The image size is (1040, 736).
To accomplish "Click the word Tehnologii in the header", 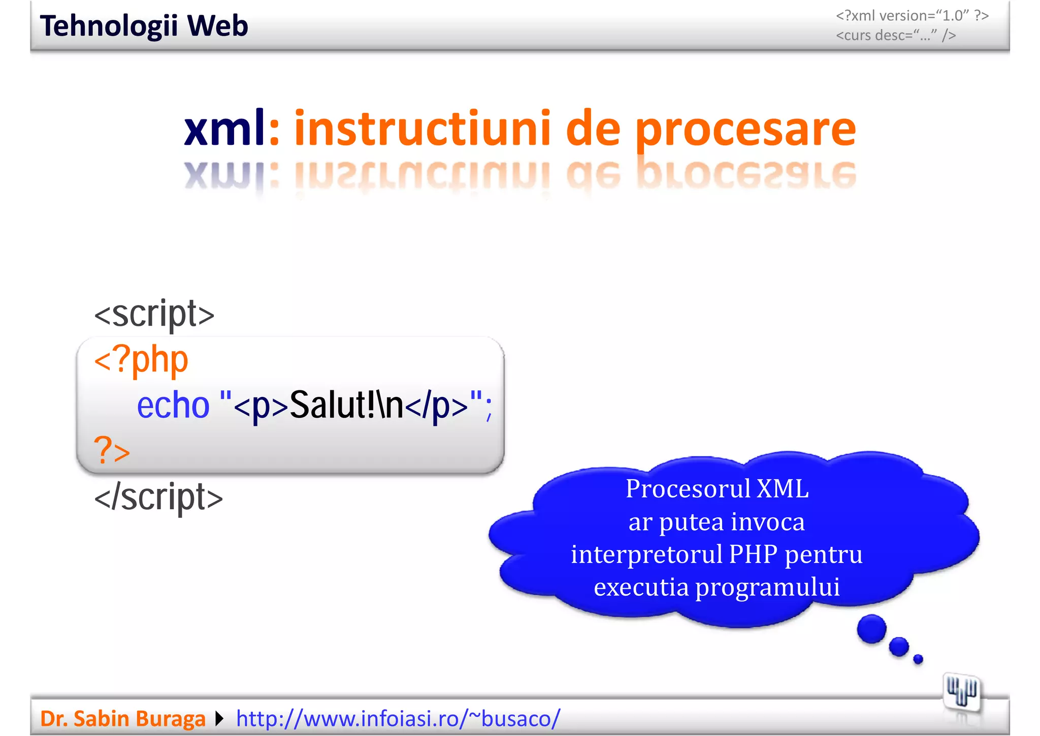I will pos(109,26).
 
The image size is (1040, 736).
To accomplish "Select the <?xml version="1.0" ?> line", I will pos(912,16).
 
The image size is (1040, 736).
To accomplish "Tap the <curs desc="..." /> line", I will pos(896,36).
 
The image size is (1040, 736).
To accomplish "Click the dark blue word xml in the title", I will pos(224,128).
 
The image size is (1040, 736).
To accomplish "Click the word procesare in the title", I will pos(745,129).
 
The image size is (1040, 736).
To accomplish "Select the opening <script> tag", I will pos(154,314).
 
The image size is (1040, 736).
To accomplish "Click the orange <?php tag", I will pos(141,360).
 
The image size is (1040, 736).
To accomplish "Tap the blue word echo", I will pos(173,406).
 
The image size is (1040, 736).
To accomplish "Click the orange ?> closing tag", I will pos(112,450).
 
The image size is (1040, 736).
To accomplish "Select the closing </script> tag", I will pos(158,497).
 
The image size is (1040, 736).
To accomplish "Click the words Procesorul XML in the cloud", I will pos(717,489).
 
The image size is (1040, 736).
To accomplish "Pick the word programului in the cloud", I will pos(767,587).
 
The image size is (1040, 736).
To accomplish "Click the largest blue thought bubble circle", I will pos(871,629).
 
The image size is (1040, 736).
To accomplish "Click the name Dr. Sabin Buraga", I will pos(122,719).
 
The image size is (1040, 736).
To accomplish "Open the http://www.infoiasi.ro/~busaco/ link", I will pos(398,719).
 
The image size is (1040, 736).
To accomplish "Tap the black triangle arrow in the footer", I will pos(219,719).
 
